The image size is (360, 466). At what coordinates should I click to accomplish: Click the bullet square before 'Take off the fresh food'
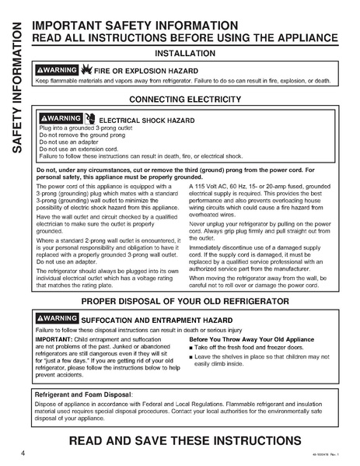coord(191,348)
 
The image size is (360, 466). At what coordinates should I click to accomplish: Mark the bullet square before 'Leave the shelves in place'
coord(191,356)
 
